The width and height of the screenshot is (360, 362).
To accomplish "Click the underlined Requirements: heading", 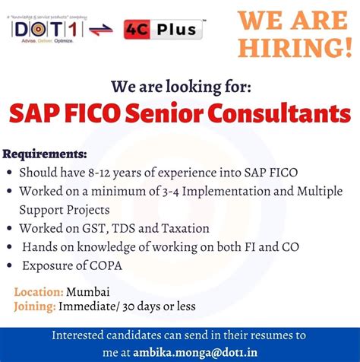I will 45,154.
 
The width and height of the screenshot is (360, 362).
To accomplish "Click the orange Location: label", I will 38,291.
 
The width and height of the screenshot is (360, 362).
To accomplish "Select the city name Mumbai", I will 88,291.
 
